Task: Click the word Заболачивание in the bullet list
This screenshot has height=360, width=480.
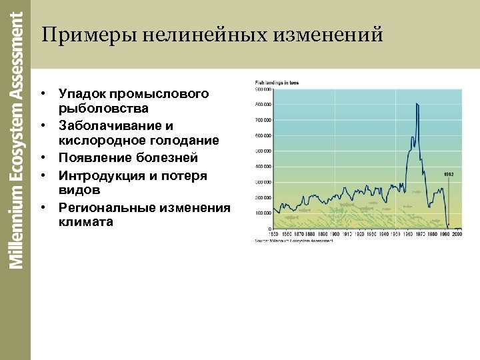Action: (x=109, y=125)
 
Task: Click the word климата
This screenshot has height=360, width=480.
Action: (x=86, y=222)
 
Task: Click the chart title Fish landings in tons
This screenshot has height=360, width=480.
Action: (x=274, y=82)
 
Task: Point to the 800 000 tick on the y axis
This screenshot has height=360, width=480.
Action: (x=263, y=105)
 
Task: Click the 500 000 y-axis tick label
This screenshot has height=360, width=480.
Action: (x=263, y=151)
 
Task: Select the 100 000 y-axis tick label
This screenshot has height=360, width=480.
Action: (x=263, y=213)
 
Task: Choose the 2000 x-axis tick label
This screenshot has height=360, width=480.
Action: (x=457, y=234)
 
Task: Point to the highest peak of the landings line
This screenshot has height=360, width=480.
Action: (x=417, y=104)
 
